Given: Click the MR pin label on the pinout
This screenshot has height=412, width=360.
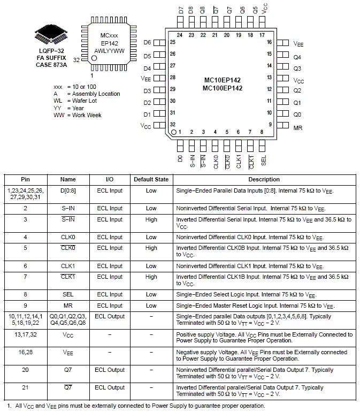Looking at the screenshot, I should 298,127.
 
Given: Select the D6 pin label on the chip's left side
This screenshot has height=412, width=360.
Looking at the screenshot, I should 148,42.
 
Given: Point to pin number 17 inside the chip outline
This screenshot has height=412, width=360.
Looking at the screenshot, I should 262,35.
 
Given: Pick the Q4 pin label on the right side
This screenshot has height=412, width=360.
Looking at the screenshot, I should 298,56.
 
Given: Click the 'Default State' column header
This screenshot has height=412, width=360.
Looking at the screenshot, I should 151,180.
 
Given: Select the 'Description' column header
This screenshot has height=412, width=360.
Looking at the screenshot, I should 264,180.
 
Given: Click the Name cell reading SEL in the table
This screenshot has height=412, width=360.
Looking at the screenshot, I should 68,294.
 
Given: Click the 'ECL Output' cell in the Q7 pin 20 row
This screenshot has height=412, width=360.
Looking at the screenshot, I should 110,370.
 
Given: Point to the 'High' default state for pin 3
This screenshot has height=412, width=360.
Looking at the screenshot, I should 151,219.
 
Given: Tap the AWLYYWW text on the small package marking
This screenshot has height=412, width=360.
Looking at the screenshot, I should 109,51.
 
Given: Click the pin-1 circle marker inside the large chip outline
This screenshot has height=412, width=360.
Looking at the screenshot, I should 174,131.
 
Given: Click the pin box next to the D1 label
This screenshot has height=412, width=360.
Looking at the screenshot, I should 159,114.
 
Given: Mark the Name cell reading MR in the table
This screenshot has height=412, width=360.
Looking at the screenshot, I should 68,306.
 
